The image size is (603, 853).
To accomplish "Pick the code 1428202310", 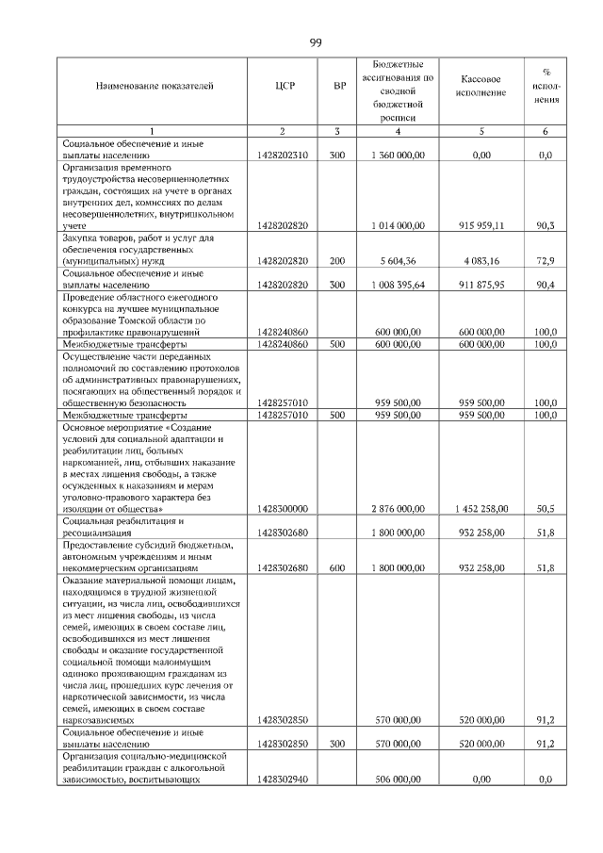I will (283, 153).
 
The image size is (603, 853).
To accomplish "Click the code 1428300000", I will (283, 509).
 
